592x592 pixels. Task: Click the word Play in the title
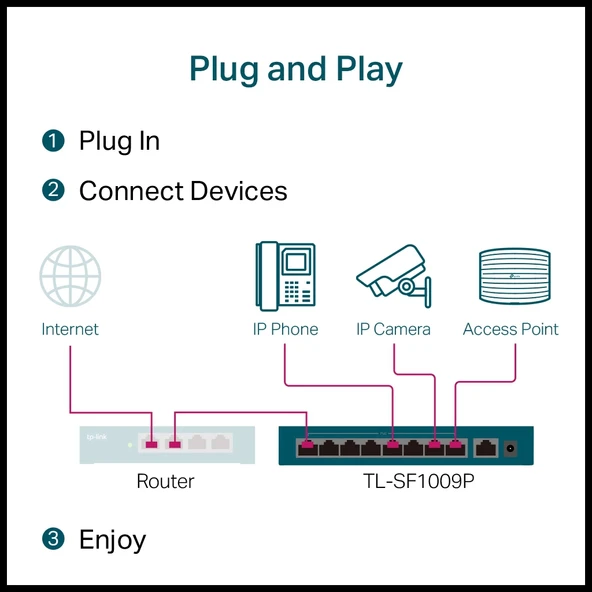[x=363, y=69]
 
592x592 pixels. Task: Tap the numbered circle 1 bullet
[x=53, y=141]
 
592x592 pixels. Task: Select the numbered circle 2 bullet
[x=53, y=190]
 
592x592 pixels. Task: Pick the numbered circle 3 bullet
[x=53, y=539]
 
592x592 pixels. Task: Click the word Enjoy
[x=112, y=540]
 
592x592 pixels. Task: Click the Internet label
[x=70, y=329]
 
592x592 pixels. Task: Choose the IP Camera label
[x=393, y=329]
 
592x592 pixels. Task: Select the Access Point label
[x=510, y=329]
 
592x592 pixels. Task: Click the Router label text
[x=165, y=482]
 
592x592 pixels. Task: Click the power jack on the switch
[x=514, y=446]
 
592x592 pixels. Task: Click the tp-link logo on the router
[x=97, y=436]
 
